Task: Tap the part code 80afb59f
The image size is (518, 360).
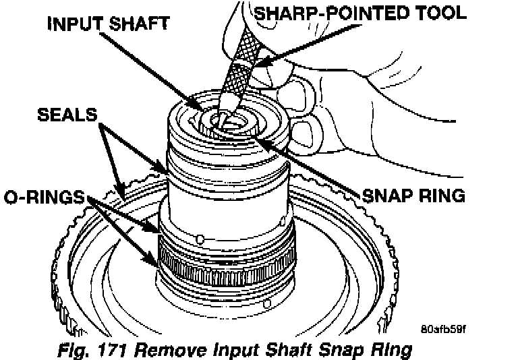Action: (x=443, y=329)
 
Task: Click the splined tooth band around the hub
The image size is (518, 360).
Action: (x=226, y=270)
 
